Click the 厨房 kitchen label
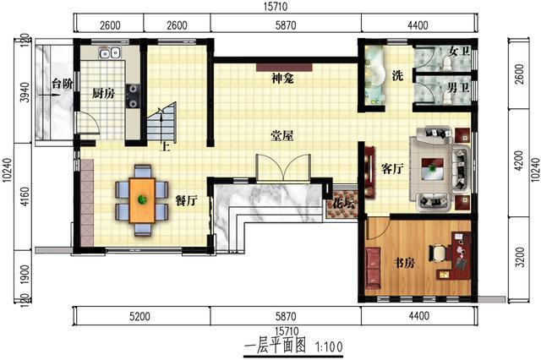(x=103, y=94)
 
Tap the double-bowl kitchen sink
(x=110, y=53)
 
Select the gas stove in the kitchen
(x=133, y=96)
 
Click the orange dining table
(x=142, y=200)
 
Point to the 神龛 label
(x=282, y=79)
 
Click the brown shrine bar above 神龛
(x=284, y=67)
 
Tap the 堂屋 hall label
(x=281, y=136)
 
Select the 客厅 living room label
(x=392, y=169)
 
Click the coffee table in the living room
(x=432, y=169)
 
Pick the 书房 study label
(x=405, y=264)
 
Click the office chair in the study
(x=438, y=254)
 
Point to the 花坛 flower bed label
(x=343, y=204)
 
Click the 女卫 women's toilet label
(x=459, y=52)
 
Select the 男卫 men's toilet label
(x=458, y=88)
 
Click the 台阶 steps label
(x=63, y=84)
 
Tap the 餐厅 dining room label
(x=186, y=200)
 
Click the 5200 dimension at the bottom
(x=139, y=316)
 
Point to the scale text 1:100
(x=329, y=346)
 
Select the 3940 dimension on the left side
(x=25, y=92)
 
